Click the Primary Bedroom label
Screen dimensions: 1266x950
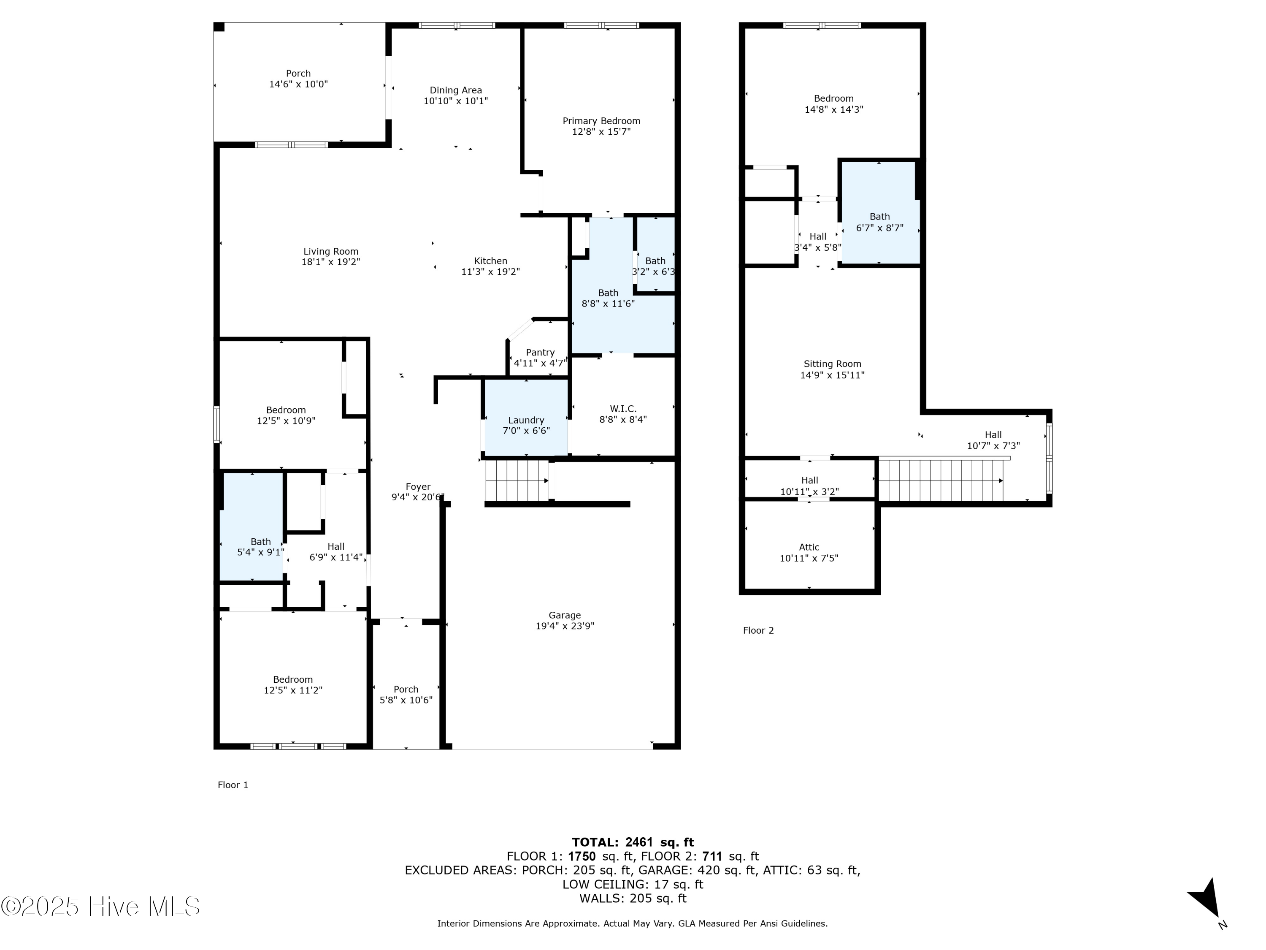point(601,121)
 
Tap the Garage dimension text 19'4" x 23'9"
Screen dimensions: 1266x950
point(565,626)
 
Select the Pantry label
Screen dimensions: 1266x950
point(540,352)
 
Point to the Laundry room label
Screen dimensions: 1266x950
point(526,420)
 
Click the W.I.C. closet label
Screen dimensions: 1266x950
point(623,409)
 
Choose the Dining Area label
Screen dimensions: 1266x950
point(456,90)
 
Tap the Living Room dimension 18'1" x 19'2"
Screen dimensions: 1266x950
point(331,262)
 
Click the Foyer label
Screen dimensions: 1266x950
point(418,487)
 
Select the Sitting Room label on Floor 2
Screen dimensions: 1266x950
point(832,364)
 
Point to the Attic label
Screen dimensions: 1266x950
point(809,548)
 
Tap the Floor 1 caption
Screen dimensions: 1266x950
point(233,785)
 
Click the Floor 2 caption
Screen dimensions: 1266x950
point(758,630)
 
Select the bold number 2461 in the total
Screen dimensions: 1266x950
point(639,842)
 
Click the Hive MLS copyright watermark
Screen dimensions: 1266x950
point(101,907)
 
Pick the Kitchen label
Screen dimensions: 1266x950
point(490,261)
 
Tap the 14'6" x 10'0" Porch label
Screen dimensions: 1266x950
point(298,79)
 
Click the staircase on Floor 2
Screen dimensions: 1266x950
point(941,480)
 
